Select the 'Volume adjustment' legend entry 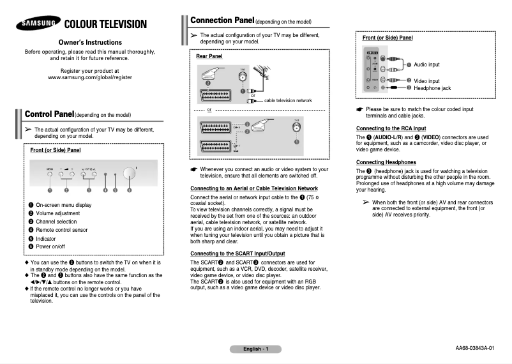click(57, 213)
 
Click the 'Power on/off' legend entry click(50, 246)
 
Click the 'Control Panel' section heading click(49, 114)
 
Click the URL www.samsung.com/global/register click(90, 77)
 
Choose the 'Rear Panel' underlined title click(209, 57)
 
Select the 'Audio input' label click(426, 64)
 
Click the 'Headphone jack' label click(432, 88)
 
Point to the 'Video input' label click(426, 81)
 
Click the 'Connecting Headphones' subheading click(386, 162)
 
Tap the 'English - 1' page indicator click(255, 349)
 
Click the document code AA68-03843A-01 click(474, 348)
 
